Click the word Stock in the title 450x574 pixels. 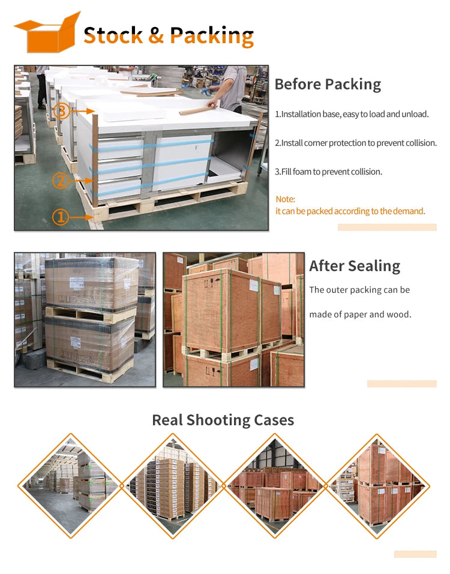tap(113, 35)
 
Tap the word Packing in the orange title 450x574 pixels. tap(212, 36)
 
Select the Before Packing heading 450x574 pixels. tap(328, 84)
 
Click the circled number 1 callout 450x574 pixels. tap(61, 217)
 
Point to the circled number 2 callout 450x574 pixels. tap(61, 181)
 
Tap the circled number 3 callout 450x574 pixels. tap(62, 111)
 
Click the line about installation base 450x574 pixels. tap(352, 114)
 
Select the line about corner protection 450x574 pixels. tap(356, 143)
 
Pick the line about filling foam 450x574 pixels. tap(328, 172)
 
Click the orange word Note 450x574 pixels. tap(285, 199)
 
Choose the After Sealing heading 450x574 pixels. tap(355, 266)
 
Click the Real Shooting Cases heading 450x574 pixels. tap(223, 420)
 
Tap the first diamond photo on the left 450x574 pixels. tap(71, 486)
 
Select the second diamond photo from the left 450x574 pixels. tap(172, 486)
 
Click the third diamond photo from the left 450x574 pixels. tap(275, 486)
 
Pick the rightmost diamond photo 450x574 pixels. tap(377, 486)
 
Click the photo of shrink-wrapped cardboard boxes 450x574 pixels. tap(85, 320)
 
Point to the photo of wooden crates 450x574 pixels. tap(233, 320)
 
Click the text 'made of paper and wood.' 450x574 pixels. tap(360, 314)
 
